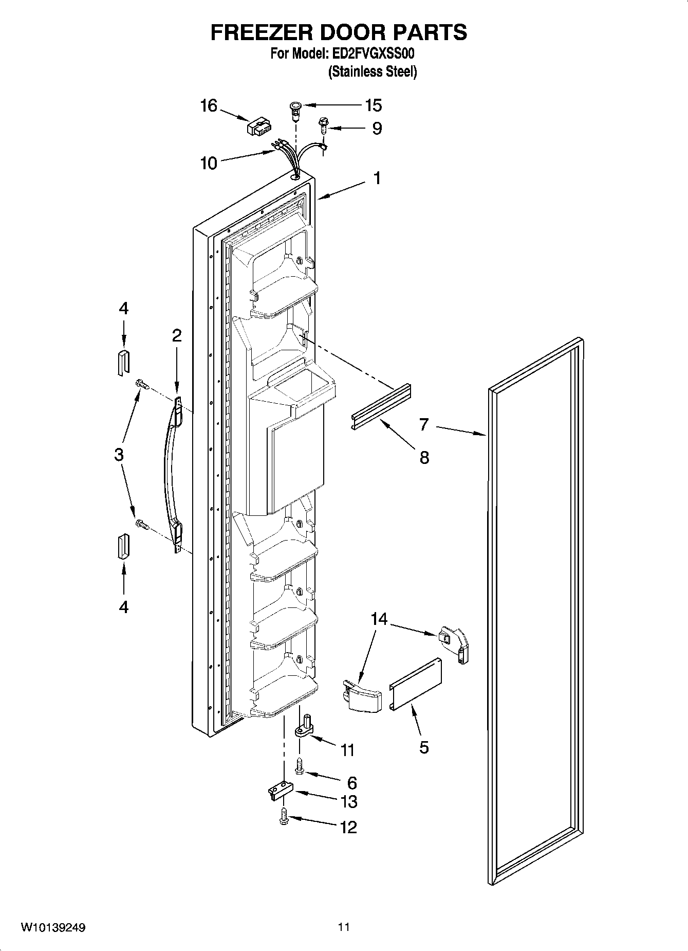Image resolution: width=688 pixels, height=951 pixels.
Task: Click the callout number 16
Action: tap(209, 106)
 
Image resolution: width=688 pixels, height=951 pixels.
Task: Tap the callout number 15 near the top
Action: tap(373, 105)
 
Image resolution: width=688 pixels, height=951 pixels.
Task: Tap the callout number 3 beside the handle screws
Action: tap(119, 455)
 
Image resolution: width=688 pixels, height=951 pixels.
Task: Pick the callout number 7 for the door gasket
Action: tap(424, 425)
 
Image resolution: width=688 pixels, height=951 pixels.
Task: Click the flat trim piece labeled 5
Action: tap(416, 685)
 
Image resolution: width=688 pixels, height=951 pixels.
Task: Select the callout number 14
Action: tap(379, 619)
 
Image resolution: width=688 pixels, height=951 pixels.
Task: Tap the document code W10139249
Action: tap(53, 928)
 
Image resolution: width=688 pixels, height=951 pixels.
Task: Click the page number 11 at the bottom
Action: tap(344, 928)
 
